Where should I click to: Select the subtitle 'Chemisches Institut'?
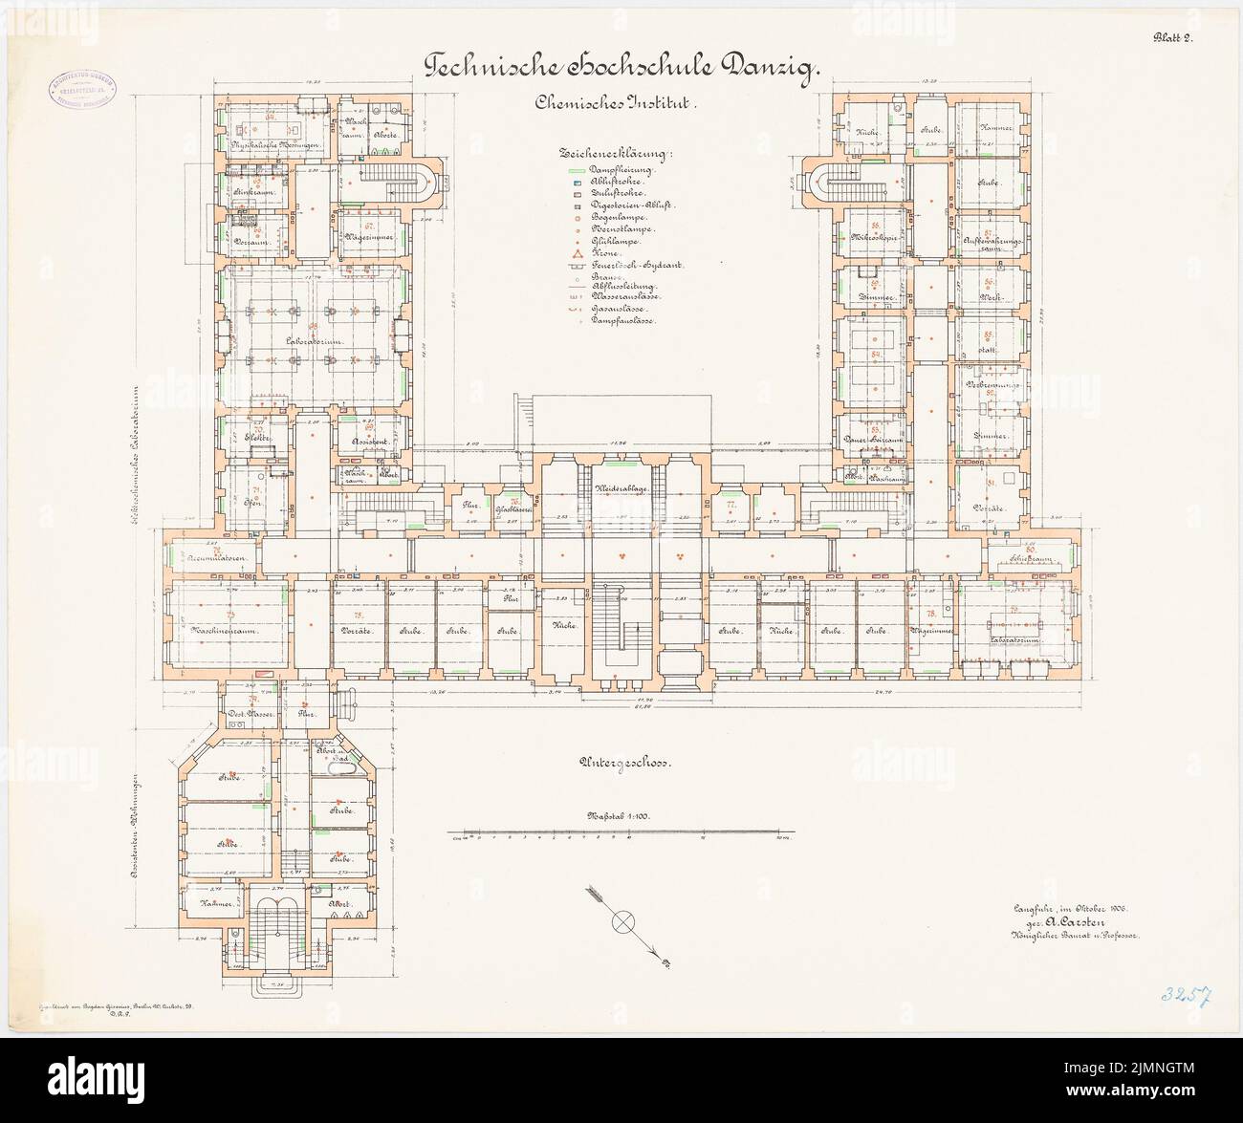[x=622, y=109]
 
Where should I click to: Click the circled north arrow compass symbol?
[x=623, y=922]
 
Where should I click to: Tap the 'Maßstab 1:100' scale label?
[x=611, y=817]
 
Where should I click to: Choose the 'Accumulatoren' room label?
[x=218, y=557]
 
